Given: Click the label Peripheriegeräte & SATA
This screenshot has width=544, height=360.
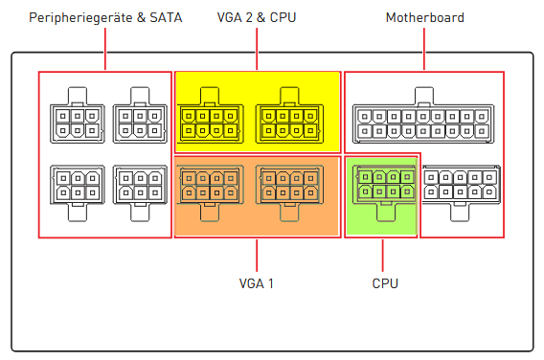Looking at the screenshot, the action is (105, 17).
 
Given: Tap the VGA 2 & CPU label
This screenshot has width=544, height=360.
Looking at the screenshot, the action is (257, 17).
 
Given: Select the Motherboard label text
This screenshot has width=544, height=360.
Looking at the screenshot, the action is (425, 17).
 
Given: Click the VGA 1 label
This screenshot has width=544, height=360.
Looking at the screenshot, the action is (257, 283).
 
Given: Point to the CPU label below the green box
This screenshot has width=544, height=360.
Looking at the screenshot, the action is (385, 283).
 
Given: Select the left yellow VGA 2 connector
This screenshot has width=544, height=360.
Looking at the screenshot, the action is (211, 115).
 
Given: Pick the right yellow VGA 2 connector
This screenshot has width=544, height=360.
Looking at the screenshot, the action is (289, 115).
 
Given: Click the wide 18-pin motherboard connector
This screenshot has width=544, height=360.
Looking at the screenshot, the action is (423, 115).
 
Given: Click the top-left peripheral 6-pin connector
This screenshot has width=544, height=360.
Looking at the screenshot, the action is (78, 115).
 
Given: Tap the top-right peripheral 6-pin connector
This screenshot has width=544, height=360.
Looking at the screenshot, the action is (140, 115).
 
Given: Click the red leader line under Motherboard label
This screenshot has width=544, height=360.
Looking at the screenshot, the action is (424, 49).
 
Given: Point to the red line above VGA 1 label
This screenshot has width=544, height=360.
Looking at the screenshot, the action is (257, 256).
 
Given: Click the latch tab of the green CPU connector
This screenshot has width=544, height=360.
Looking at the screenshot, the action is (386, 213).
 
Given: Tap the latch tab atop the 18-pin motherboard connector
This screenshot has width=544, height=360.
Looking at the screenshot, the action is (424, 96).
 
